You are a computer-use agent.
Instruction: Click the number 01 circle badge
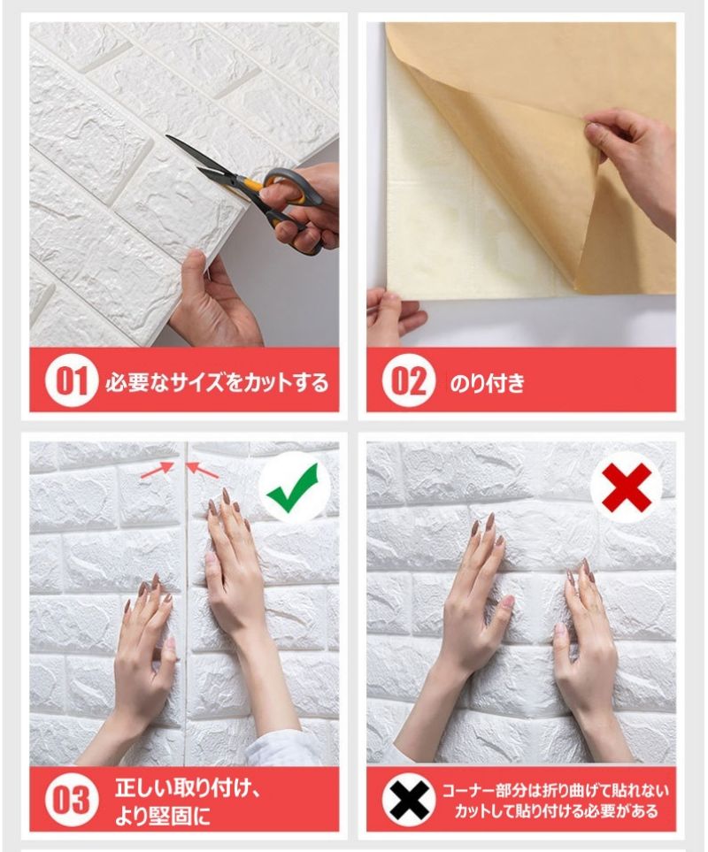[x=72, y=380]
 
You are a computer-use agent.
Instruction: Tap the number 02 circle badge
[x=409, y=380]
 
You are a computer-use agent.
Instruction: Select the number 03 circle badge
[x=72, y=800]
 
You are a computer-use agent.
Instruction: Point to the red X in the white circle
[x=627, y=487]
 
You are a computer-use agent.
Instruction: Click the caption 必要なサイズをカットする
[x=217, y=382]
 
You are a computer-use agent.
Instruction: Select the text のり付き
[x=488, y=382]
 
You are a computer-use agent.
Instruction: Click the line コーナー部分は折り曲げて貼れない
[x=555, y=790]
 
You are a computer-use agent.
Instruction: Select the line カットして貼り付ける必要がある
[x=556, y=812]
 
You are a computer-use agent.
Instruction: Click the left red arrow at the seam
[x=158, y=471]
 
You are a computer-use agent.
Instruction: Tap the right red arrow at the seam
[x=203, y=471]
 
